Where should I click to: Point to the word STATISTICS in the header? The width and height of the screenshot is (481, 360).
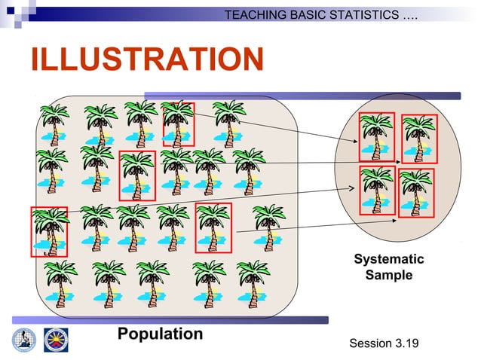coord(366,15)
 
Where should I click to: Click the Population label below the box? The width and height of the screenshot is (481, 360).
coord(160,334)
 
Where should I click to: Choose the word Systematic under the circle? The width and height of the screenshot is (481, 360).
coord(389,260)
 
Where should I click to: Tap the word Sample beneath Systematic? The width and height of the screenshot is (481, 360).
coord(389,276)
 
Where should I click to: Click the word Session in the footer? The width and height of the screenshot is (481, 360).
coord(370,344)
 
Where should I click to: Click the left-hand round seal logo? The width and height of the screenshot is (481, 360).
coord(23,340)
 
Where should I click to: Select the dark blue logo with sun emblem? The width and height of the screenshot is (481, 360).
coord(55,340)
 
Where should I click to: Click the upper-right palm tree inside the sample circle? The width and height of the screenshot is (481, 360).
coord(418,138)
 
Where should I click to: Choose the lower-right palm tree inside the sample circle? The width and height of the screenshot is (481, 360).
coord(416,193)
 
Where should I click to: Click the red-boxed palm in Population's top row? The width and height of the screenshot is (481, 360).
coord(179,124)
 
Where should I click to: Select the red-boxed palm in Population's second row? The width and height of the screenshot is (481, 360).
coord(137,175)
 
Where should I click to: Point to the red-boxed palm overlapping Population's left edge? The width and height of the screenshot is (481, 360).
coord(49,231)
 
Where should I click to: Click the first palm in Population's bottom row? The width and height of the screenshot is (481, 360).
coord(60,282)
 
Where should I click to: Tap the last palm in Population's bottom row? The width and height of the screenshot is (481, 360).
coord(253,282)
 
